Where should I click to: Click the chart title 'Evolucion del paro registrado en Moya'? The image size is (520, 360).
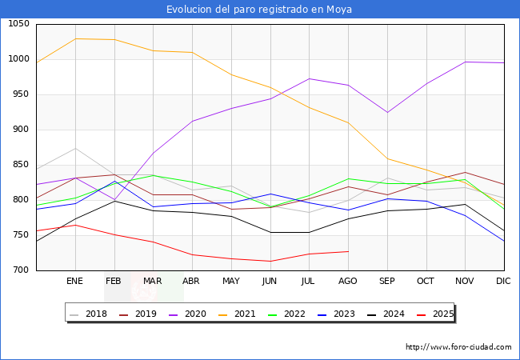tap(259, 10)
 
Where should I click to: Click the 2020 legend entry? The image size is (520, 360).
tap(193, 314)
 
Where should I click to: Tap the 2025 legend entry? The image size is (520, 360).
tap(440, 314)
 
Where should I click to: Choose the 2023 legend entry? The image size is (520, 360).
tap(342, 314)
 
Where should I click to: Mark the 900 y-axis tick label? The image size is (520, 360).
tap(19, 130)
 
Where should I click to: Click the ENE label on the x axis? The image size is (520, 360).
tap(75, 282)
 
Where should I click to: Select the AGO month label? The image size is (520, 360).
tap(348, 282)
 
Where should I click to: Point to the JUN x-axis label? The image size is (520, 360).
tap(270, 282)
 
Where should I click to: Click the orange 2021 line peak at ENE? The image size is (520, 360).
tap(75, 38)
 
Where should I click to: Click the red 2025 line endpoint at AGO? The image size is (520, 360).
tap(348, 251)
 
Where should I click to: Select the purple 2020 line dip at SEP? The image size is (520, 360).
tap(387, 112)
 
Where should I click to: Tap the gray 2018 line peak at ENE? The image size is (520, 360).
tap(75, 148)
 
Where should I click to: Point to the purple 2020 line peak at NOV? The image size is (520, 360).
tap(465, 62)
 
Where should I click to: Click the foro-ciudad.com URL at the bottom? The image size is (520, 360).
tap(458, 347)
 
